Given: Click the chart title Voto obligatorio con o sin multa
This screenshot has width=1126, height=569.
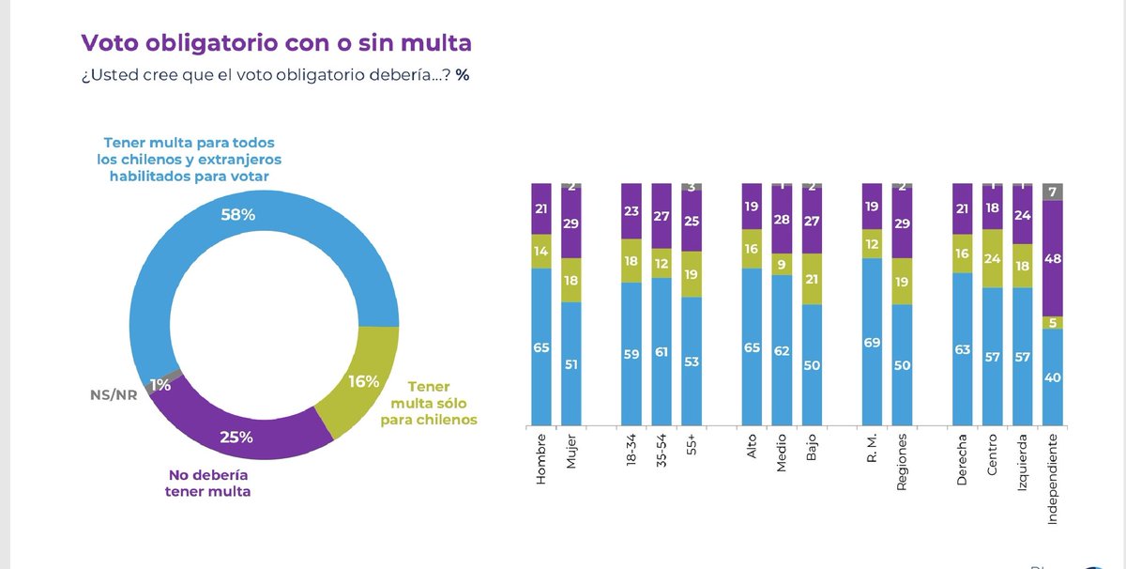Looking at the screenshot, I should click(x=276, y=42).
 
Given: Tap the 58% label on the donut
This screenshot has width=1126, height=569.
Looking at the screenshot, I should click(x=237, y=215).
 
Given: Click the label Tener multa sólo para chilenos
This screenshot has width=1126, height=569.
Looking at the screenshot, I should click(x=429, y=403).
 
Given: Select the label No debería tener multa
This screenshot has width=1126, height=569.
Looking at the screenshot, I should click(x=210, y=482).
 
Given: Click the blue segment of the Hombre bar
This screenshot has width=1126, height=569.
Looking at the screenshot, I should click(x=541, y=347).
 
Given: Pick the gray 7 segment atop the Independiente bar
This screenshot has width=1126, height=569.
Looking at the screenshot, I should click(x=1052, y=192).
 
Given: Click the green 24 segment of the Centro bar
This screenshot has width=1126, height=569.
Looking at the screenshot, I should click(x=991, y=259).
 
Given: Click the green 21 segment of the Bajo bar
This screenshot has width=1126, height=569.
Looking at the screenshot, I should click(x=813, y=279).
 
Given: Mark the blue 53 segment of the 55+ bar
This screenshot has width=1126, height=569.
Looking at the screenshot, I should click(x=692, y=361).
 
